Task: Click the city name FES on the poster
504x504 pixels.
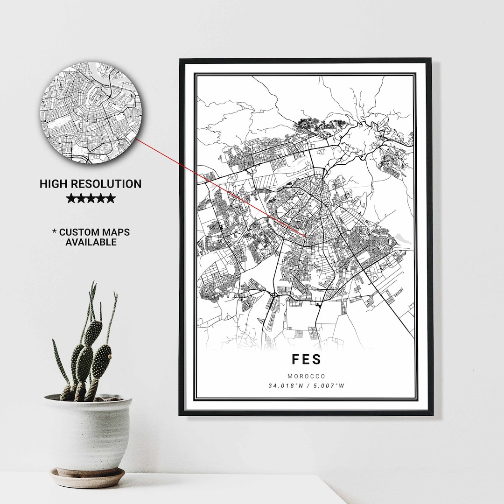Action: click(306, 359)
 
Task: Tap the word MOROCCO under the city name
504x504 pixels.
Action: click(306, 376)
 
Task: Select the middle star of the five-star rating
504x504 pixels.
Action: click(91, 198)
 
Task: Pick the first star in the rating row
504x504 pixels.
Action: click(71, 198)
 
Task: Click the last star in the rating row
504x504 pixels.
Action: click(111, 198)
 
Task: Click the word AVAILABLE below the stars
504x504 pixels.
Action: click(91, 242)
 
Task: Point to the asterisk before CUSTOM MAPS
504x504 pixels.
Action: click(55, 231)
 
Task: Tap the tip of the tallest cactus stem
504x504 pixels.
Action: click(94, 283)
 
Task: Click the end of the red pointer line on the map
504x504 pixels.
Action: click(306, 237)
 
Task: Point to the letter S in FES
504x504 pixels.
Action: click(318, 359)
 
